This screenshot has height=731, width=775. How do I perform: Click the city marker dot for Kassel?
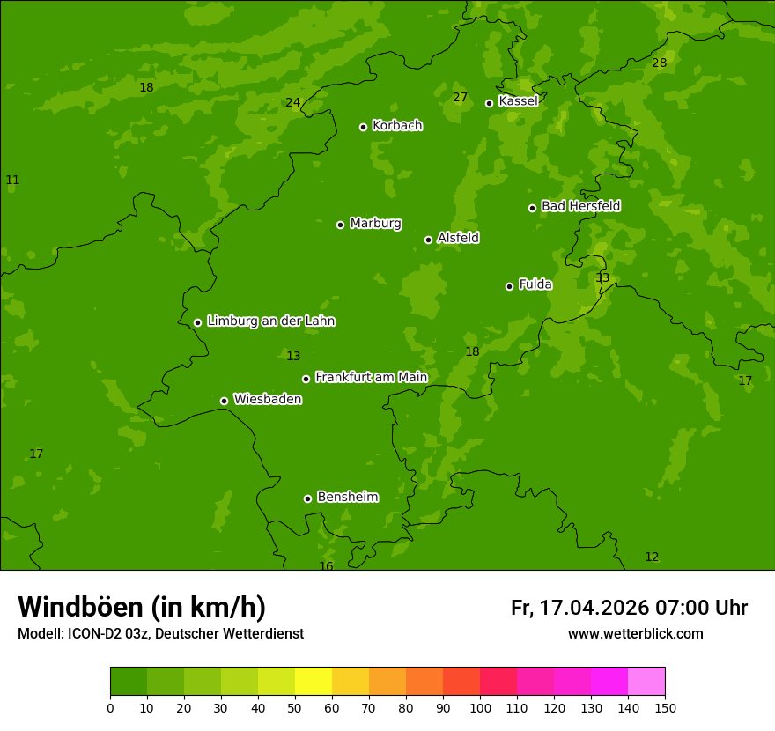(489, 103)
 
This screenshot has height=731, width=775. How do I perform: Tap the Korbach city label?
(397, 126)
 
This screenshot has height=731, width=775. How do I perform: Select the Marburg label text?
(375, 224)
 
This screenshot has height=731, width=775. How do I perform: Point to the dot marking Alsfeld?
(428, 240)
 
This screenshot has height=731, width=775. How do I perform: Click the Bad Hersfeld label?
(580, 206)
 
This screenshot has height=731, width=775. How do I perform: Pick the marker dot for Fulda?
(509, 286)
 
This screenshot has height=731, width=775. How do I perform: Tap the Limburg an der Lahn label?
(270, 321)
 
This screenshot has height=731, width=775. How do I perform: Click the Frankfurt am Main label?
(371, 378)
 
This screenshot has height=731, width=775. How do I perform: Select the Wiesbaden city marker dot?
(224, 401)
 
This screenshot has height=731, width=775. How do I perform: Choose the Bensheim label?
(347, 498)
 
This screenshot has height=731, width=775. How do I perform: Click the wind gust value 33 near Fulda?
(602, 278)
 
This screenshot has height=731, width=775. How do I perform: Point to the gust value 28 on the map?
(659, 63)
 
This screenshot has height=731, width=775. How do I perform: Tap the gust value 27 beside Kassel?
(460, 98)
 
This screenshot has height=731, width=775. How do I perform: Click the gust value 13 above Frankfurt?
(293, 357)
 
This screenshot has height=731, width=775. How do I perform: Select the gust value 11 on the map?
(12, 181)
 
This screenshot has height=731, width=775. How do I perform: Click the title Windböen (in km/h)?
(142, 607)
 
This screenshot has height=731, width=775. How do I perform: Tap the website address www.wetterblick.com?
(635, 634)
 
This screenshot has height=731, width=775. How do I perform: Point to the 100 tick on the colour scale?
(480, 707)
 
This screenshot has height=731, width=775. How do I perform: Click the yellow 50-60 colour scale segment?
(314, 682)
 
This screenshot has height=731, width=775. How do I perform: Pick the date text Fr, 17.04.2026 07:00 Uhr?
(629, 608)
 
